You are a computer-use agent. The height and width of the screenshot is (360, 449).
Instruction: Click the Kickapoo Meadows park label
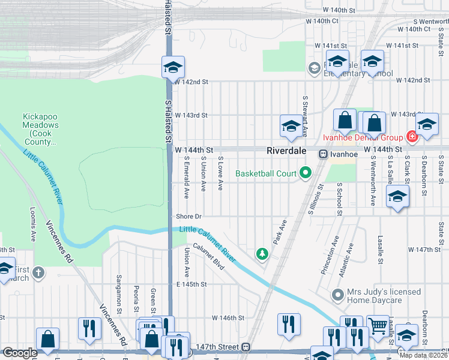point(41,129)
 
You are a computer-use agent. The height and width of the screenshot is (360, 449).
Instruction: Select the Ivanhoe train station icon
point(322,154)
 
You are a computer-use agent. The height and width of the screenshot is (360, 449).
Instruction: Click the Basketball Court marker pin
point(305,173)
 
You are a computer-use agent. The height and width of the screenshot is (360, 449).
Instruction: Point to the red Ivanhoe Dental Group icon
point(412,137)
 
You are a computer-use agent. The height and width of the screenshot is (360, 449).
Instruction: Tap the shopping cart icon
point(378,326)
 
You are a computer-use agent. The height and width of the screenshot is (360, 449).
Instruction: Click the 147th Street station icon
point(246,347)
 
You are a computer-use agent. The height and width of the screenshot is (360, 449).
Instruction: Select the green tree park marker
point(262,254)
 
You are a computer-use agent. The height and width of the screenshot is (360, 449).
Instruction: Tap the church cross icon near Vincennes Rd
point(38,273)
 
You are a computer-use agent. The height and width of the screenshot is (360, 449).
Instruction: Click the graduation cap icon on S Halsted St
point(173,67)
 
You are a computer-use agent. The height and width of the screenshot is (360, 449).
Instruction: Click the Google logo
point(20,353)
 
